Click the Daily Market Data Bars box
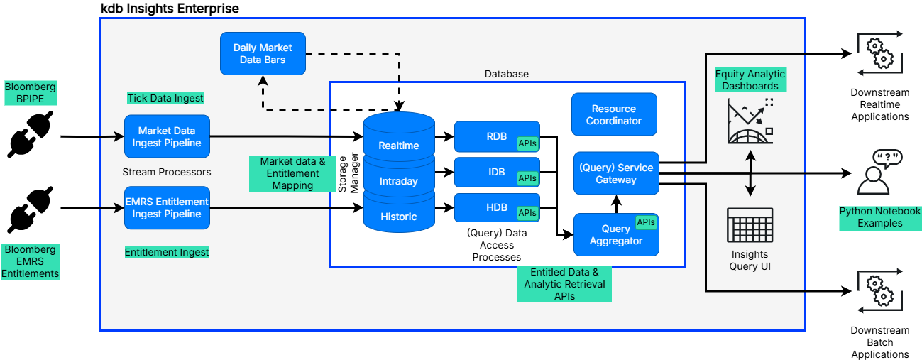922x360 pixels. coord(263,54)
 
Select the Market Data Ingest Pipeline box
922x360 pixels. coord(167,136)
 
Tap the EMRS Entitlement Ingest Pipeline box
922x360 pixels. coord(167,207)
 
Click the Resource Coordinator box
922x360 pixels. coord(614,114)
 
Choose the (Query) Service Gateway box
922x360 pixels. coord(616,173)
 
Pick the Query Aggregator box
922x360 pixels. coord(615,235)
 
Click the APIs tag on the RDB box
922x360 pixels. coord(527,143)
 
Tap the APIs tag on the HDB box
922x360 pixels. coord(527,212)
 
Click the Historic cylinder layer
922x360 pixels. coord(398,217)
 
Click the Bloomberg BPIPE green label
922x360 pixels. coord(30,92)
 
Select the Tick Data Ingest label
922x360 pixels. coord(165,98)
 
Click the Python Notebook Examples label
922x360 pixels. coord(879,217)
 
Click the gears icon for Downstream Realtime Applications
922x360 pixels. coord(879,53)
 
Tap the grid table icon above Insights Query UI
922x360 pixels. coord(750,225)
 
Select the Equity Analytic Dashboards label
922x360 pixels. coord(750,80)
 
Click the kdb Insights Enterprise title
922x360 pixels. coord(170,9)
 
